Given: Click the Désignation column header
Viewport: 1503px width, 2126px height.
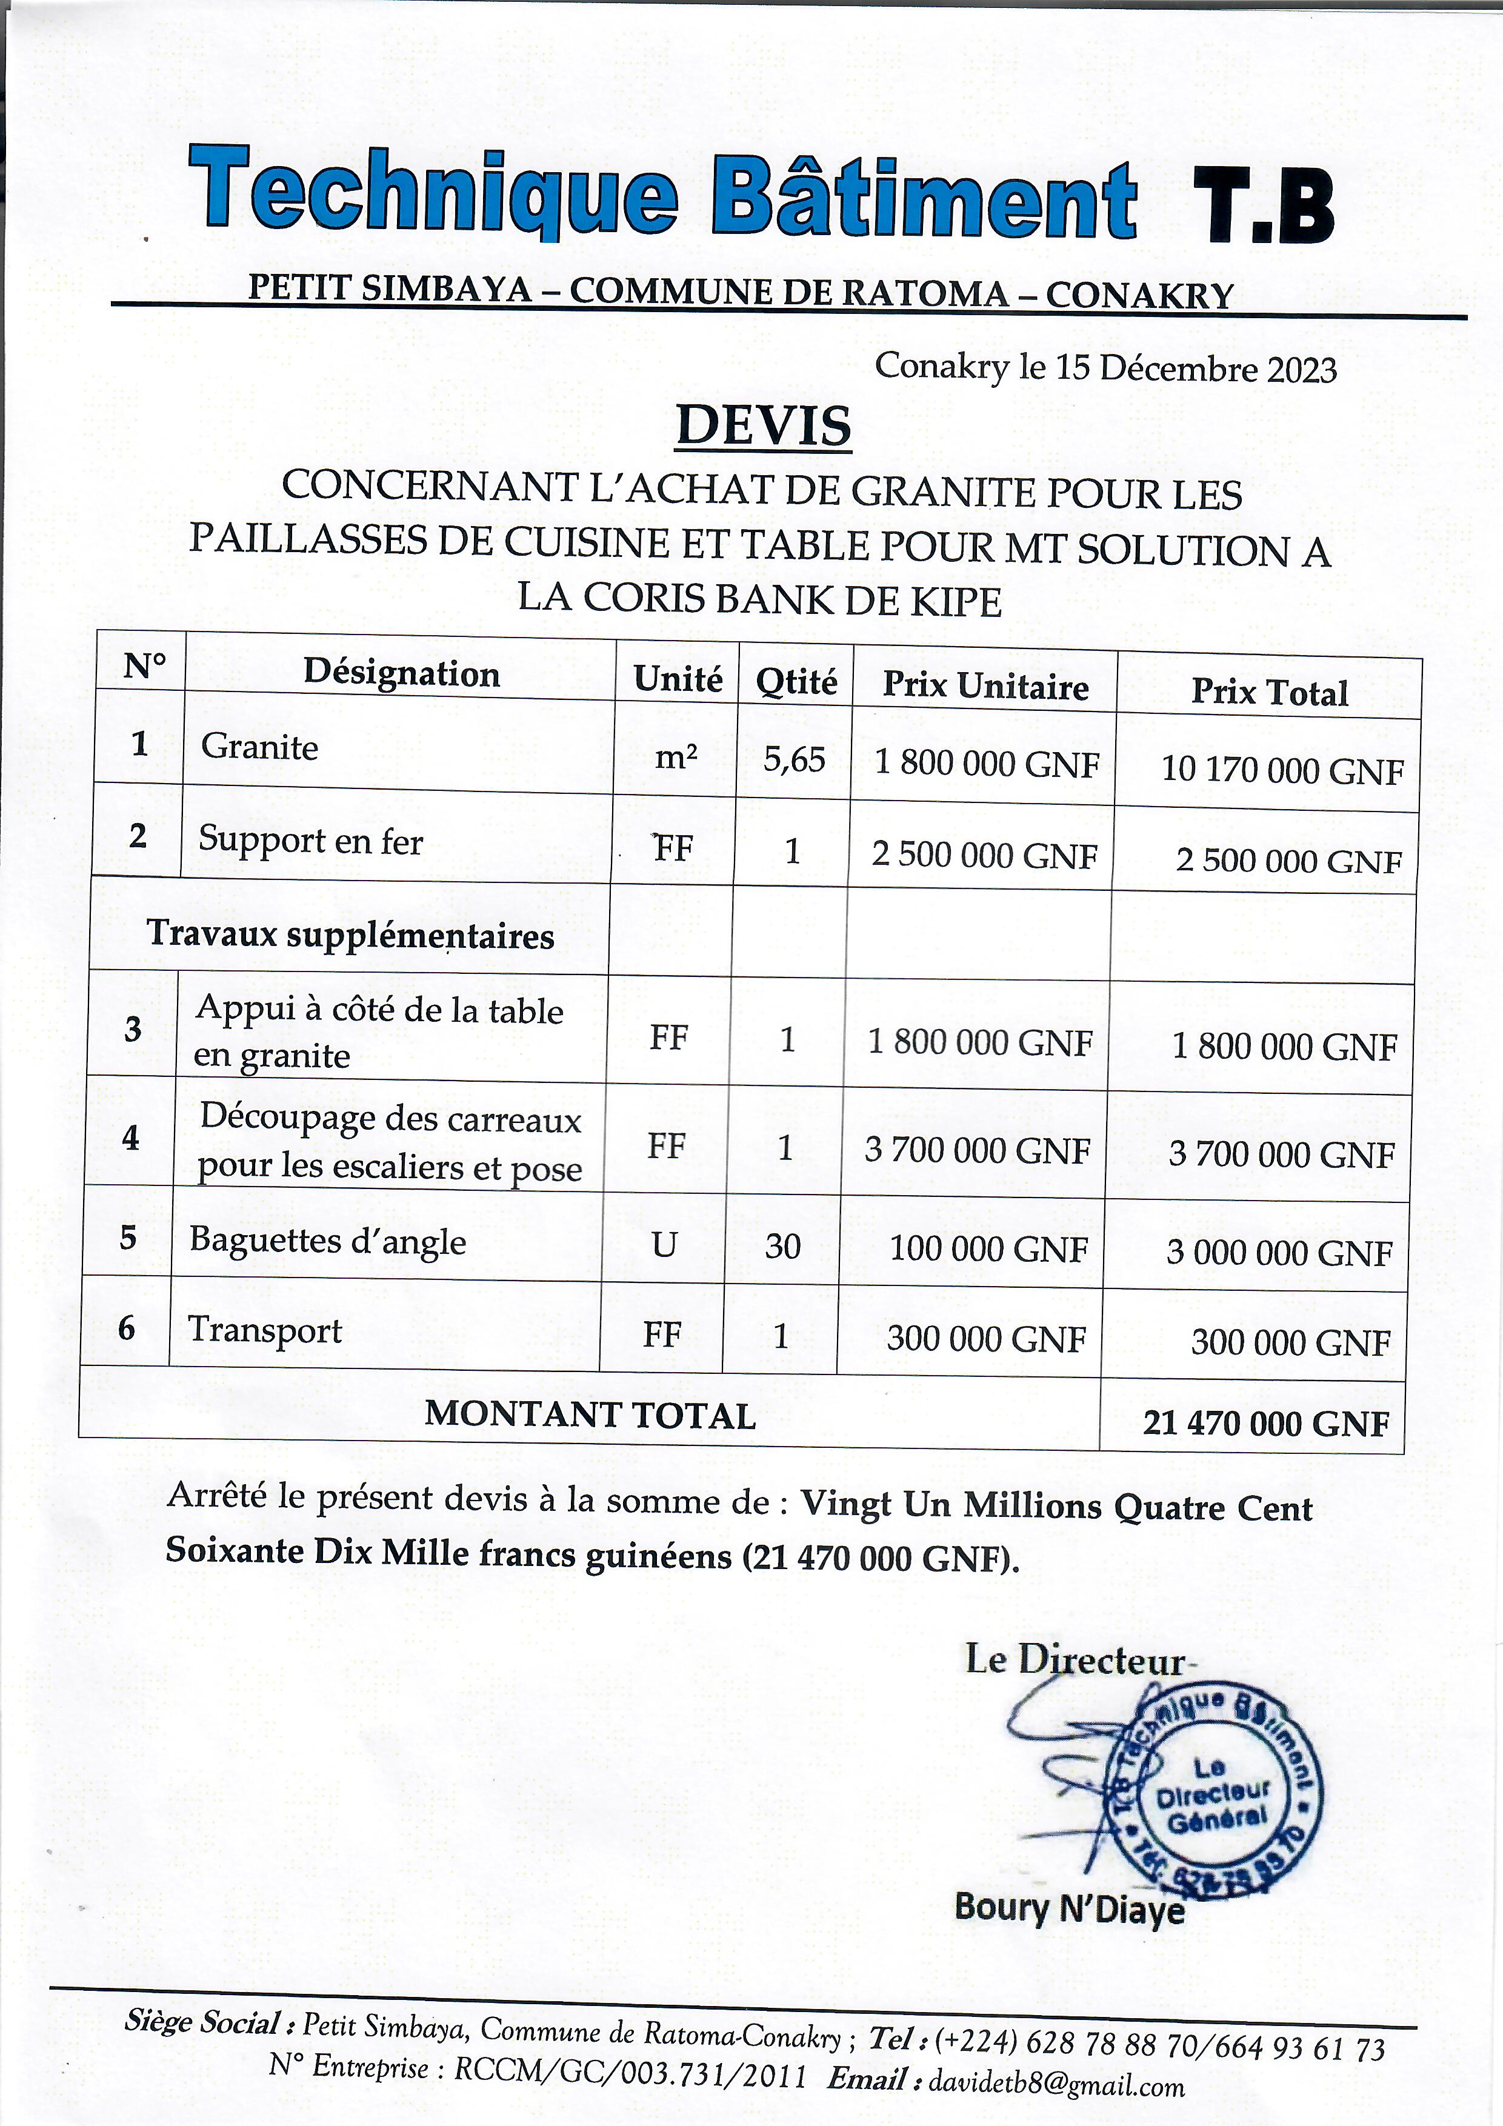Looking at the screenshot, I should [x=401, y=673].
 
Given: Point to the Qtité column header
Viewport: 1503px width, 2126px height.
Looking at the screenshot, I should [x=796, y=682].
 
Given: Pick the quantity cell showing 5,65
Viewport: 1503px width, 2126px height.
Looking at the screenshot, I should [x=794, y=759].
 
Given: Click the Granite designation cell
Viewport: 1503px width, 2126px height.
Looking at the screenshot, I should [x=260, y=746].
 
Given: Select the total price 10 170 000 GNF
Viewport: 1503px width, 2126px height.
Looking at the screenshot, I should [x=1282, y=770].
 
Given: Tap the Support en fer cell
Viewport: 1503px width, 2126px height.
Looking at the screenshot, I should [x=310, y=841].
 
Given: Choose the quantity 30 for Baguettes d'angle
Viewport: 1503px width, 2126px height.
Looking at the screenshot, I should [x=782, y=1247].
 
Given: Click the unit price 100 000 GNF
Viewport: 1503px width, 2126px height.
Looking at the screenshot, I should [x=987, y=1249].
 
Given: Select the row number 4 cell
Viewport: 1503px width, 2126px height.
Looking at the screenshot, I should [x=130, y=1137].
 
